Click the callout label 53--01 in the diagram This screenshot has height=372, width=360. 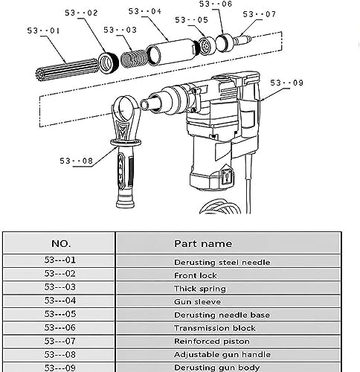click(x=43, y=31)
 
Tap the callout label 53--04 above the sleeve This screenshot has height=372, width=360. click(x=145, y=11)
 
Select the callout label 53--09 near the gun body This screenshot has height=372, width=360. click(x=286, y=83)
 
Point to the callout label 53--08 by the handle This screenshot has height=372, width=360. click(x=76, y=161)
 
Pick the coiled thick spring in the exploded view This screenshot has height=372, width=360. click(x=134, y=59)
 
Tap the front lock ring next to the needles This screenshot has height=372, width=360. click(x=109, y=62)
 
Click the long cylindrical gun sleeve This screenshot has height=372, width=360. click(x=173, y=52)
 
